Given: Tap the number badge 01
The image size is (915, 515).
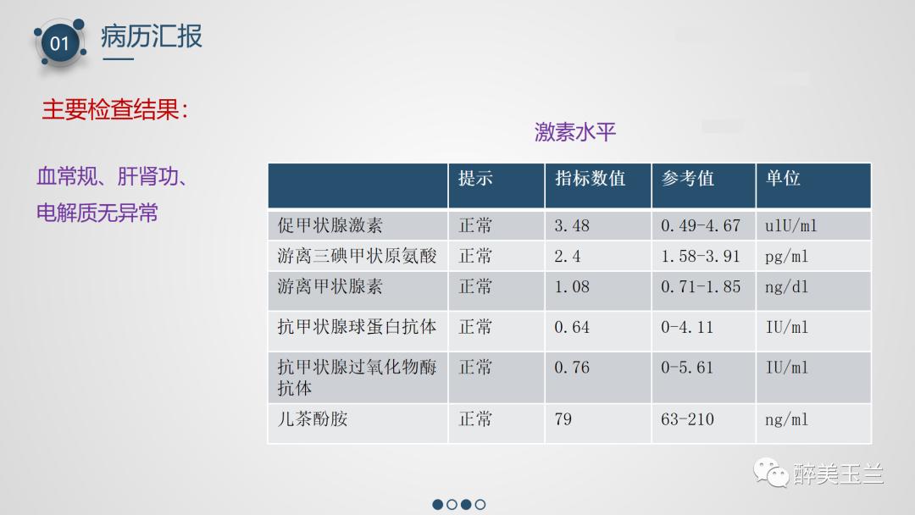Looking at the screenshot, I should [59, 42].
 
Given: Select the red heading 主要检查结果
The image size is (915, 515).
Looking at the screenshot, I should [114, 110].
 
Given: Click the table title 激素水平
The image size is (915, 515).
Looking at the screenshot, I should [575, 132].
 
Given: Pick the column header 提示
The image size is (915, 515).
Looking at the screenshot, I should [475, 179].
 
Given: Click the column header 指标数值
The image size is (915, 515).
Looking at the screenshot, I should [590, 179].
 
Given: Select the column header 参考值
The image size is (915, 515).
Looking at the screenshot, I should [687, 179].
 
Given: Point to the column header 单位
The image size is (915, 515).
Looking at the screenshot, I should [783, 179].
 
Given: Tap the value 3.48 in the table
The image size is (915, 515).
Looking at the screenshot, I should [572, 226].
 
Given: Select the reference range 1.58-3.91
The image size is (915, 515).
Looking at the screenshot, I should [701, 256].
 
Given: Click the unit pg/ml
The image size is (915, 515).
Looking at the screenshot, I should [786, 256].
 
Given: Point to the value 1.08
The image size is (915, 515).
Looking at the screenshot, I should [572, 286].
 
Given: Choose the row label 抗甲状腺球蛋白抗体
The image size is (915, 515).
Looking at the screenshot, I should [357, 327].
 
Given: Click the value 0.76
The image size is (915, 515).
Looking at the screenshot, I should [572, 368].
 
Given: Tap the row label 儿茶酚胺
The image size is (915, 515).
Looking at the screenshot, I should [313, 418].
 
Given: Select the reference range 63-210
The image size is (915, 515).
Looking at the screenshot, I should [687, 418].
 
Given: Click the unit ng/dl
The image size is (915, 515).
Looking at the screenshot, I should [786, 286].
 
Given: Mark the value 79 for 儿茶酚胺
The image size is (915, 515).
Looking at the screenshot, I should [563, 418].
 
